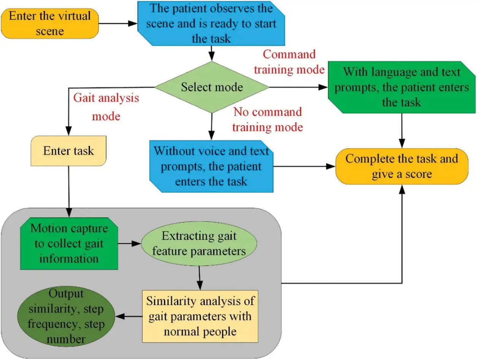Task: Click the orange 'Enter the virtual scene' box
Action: pyautogui.click(x=49, y=23)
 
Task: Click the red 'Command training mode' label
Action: pyautogui.click(x=289, y=62)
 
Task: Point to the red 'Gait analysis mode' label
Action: pyautogui.click(x=106, y=107)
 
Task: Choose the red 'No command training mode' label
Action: pyautogui.click(x=268, y=119)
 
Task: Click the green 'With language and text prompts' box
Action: pyautogui.click(x=402, y=87)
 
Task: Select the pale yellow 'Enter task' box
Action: pyautogui.click(x=68, y=151)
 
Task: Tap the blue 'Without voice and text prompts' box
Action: pyautogui.click(x=211, y=166)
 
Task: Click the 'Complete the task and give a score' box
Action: pyautogui.click(x=402, y=166)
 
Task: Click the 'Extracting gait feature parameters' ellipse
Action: pyautogui.click(x=199, y=243)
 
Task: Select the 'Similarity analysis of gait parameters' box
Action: pyautogui.click(x=200, y=316)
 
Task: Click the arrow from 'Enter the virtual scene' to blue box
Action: pyautogui.click(x=118, y=24)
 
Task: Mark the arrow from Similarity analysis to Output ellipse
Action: pyautogui.click(x=129, y=316)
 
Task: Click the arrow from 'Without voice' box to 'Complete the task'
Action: pyautogui.click(x=304, y=166)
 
